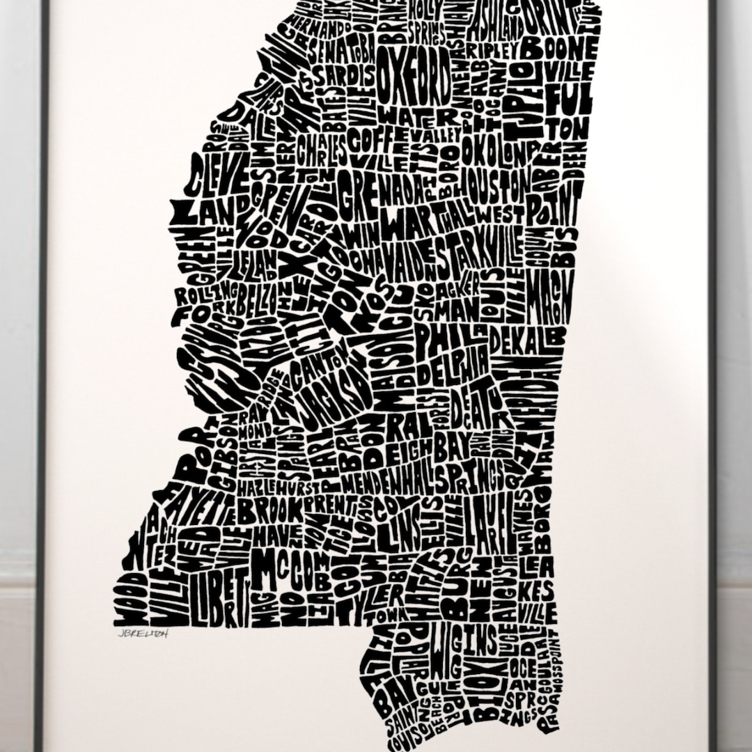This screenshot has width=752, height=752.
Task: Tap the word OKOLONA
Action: pyautogui.click(x=500, y=152)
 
